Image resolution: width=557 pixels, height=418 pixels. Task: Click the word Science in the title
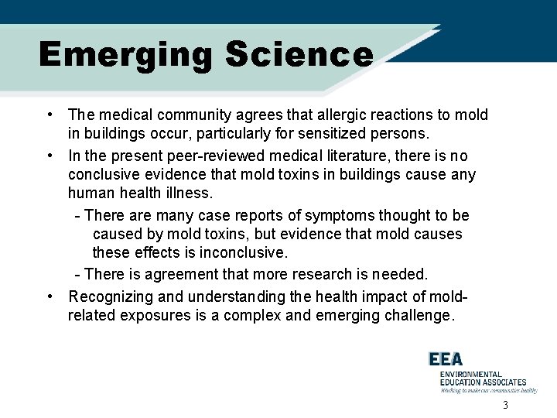(x=299, y=55)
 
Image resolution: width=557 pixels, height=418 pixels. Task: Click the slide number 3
(x=505, y=406)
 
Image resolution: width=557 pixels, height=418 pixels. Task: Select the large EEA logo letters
(x=447, y=358)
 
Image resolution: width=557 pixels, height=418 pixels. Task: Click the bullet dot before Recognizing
(x=50, y=296)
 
